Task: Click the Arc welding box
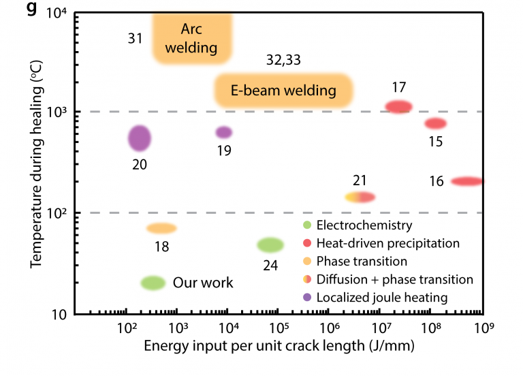193,38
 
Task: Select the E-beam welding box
283,89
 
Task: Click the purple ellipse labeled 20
140,138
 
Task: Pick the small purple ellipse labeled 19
224,132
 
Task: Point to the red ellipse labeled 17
399,106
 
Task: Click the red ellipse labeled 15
436,123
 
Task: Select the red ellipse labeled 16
466,181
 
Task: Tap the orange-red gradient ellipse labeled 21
360,197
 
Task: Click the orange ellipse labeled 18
161,228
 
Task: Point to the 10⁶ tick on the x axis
330,328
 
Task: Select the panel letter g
29,12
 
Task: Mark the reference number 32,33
283,60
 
